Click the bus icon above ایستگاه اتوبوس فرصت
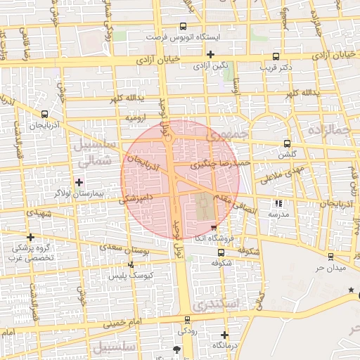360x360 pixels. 184,25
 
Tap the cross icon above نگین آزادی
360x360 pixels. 210,54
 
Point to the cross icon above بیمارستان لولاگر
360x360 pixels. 78,182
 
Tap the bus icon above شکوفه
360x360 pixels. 221,252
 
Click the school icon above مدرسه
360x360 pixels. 278,203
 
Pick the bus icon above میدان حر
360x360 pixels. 330,257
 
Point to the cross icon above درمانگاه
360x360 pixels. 224,335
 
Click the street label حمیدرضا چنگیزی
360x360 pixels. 221,164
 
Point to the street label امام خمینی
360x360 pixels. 124,323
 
